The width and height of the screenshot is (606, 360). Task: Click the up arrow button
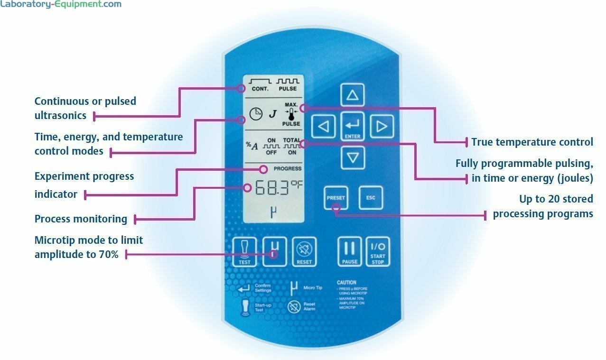[352, 95]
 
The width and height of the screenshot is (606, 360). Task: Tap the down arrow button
[352, 157]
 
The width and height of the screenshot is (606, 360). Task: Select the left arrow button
[323, 127]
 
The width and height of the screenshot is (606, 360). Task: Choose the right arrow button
[382, 127]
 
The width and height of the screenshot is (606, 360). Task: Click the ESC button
[371, 198]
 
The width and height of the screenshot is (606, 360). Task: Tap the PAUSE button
[350, 251]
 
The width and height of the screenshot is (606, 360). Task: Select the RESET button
[304, 251]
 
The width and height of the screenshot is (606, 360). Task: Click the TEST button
[245, 251]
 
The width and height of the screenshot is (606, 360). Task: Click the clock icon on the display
[256, 114]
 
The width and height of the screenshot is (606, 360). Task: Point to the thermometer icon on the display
[291, 114]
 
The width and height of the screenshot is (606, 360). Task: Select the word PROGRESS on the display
[287, 169]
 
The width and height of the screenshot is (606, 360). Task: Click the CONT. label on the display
[260, 89]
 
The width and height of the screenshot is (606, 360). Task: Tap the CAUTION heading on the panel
[346, 282]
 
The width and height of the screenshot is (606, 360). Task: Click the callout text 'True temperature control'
[531, 142]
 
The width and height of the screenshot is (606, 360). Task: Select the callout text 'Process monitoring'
[81, 219]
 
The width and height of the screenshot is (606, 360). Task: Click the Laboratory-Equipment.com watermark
[61, 5]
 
